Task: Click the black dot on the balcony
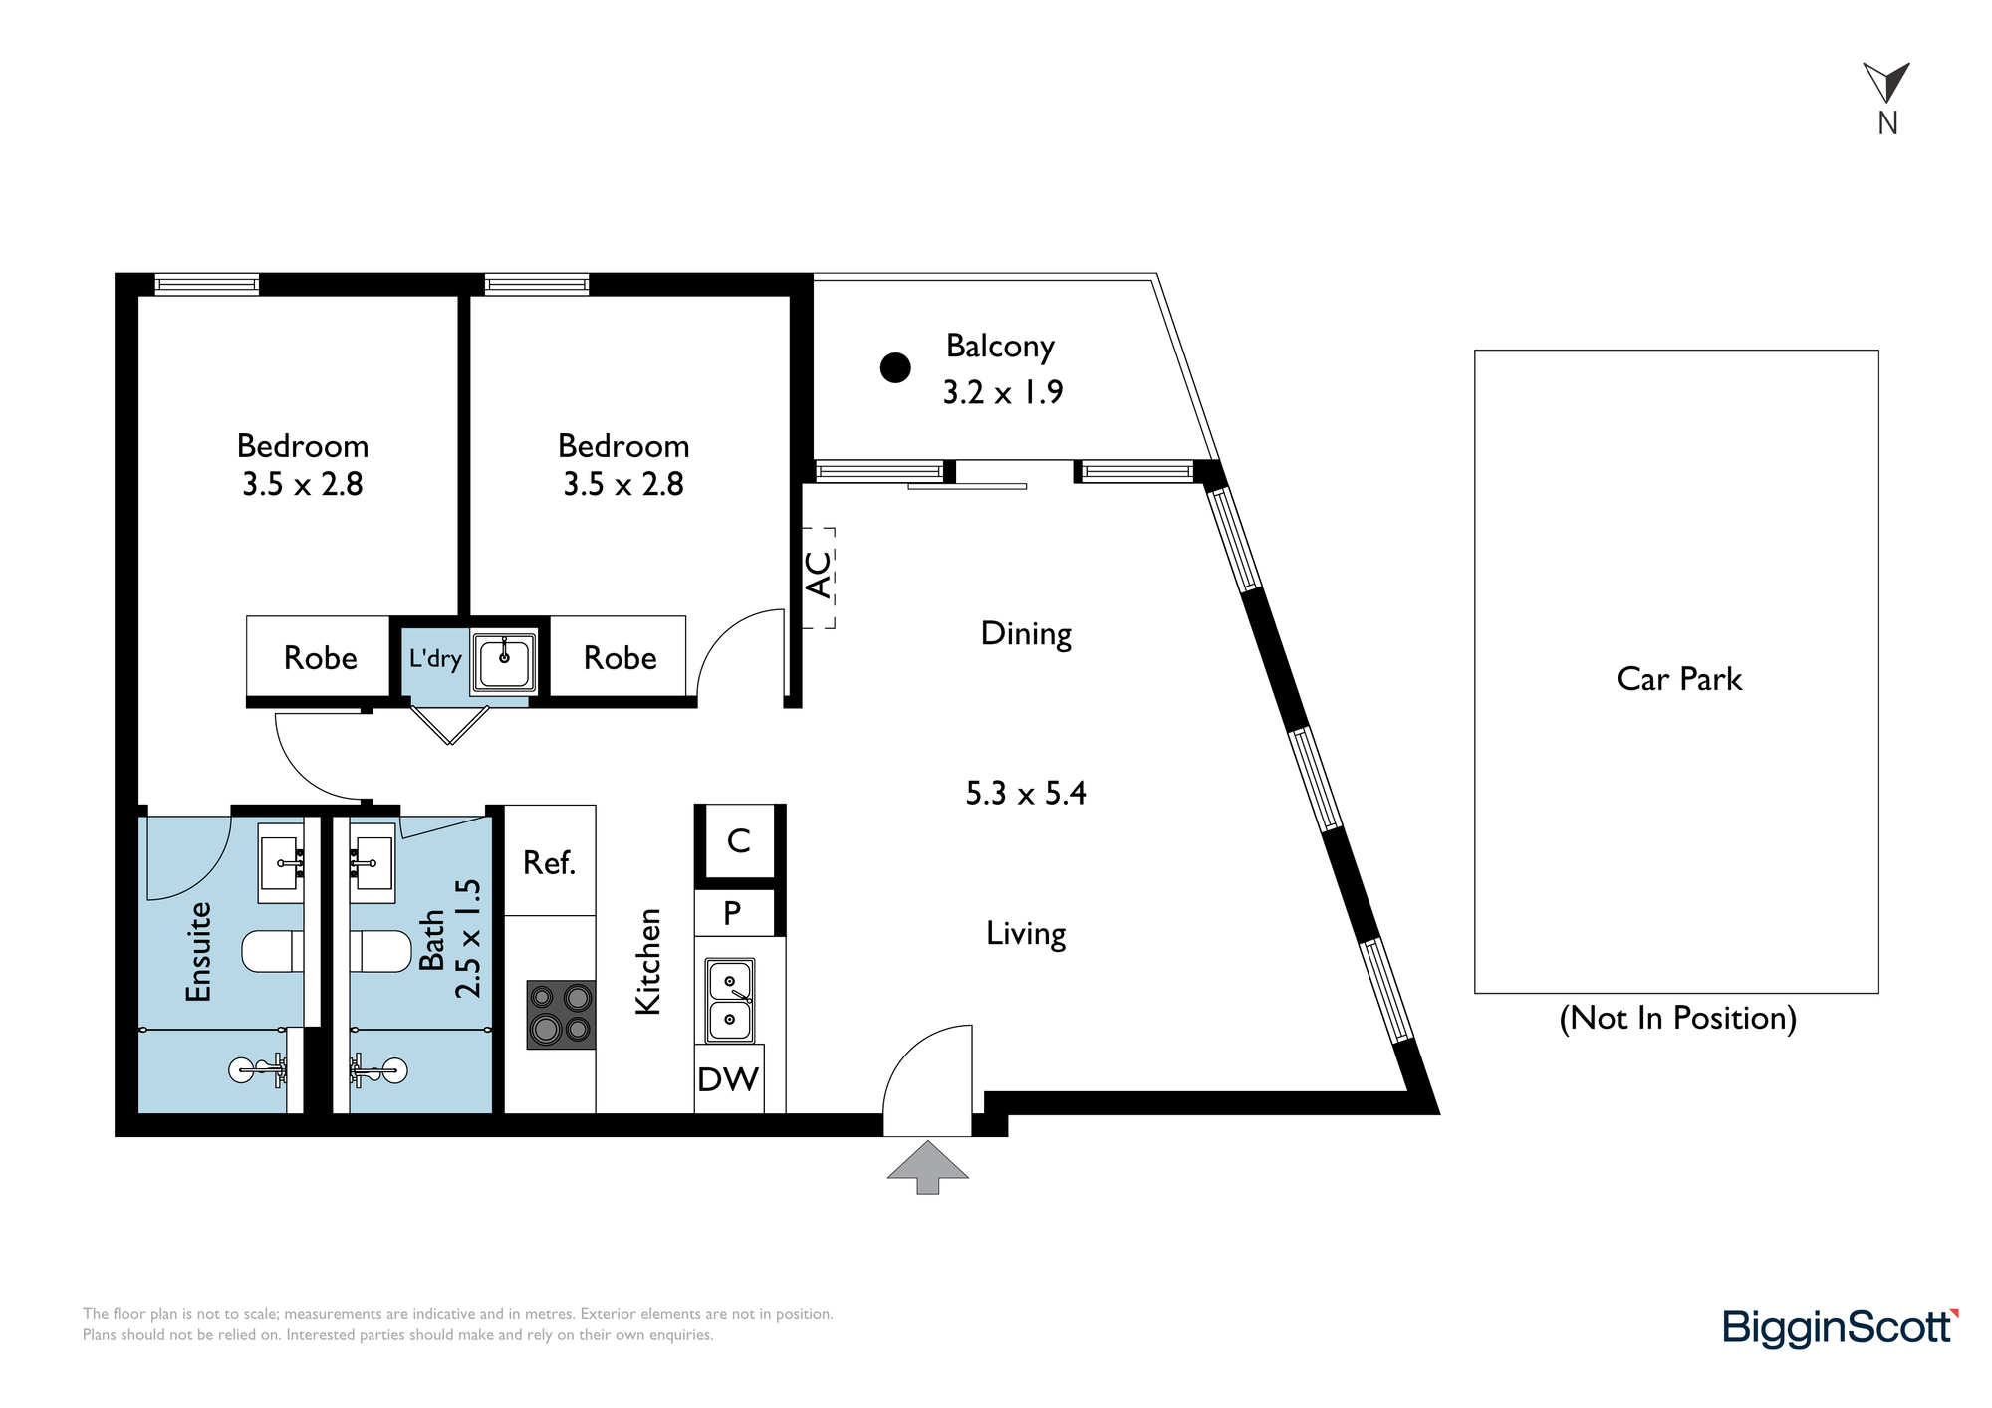click(895, 368)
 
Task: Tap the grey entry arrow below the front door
click(928, 1167)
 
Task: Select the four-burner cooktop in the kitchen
click(562, 1015)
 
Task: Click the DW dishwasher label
click(728, 1079)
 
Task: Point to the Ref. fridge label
click(550, 862)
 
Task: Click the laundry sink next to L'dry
click(504, 662)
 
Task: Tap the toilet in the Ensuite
click(273, 951)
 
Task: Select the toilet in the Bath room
click(380, 951)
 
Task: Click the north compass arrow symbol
click(1885, 82)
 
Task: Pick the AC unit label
click(818, 575)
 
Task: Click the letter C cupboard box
click(739, 841)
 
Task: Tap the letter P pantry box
click(733, 912)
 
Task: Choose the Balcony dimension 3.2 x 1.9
click(1003, 392)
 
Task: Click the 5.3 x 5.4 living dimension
click(1026, 794)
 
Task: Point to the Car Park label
click(1679, 679)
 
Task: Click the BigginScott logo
click(1841, 1328)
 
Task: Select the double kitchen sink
click(730, 1000)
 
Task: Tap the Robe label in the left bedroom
click(321, 658)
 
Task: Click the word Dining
click(1026, 634)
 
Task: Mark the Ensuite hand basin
click(281, 863)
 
